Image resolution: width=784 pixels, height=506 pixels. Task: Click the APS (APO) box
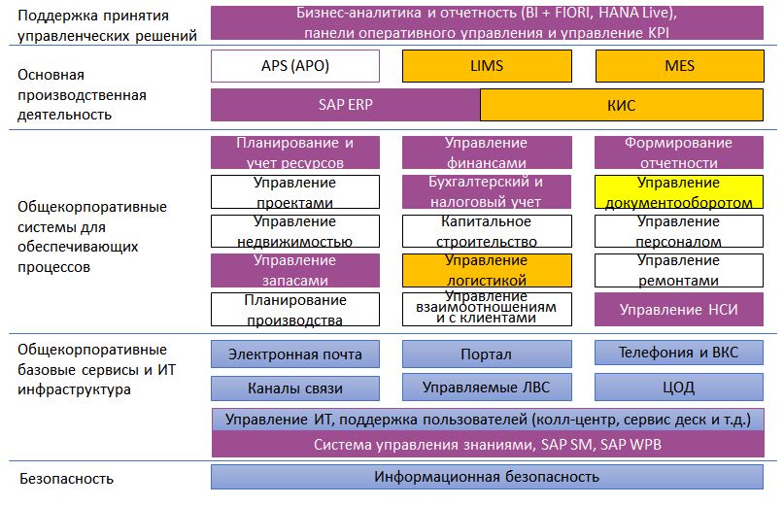[295, 66]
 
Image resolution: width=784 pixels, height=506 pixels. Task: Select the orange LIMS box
[487, 66]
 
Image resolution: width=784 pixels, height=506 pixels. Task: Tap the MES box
[679, 66]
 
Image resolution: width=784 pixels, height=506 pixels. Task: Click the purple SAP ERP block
[346, 105]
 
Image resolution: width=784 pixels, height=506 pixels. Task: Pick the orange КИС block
[622, 105]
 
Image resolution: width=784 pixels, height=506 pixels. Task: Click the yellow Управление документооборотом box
[679, 191]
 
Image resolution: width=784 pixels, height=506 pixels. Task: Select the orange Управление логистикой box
[487, 270]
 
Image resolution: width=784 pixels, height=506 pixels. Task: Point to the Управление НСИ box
[679, 310]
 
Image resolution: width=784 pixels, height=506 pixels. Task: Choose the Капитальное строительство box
[487, 231]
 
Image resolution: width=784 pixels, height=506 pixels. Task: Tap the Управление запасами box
[295, 270]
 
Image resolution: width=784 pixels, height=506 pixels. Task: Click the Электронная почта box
[295, 354]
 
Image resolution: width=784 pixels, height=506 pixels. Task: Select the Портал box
[487, 354]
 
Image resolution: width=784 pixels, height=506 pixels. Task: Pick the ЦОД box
[679, 387]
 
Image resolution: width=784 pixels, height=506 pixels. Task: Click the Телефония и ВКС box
[679, 353]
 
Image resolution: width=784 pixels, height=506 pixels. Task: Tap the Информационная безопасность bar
[487, 477]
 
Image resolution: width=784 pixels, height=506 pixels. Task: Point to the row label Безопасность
[66, 479]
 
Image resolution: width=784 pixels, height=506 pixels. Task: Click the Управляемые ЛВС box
[487, 387]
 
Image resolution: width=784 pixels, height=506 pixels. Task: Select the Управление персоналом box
[679, 231]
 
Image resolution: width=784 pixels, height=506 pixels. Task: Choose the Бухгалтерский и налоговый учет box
[487, 191]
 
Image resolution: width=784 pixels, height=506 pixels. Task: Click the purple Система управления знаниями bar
[488, 444]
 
